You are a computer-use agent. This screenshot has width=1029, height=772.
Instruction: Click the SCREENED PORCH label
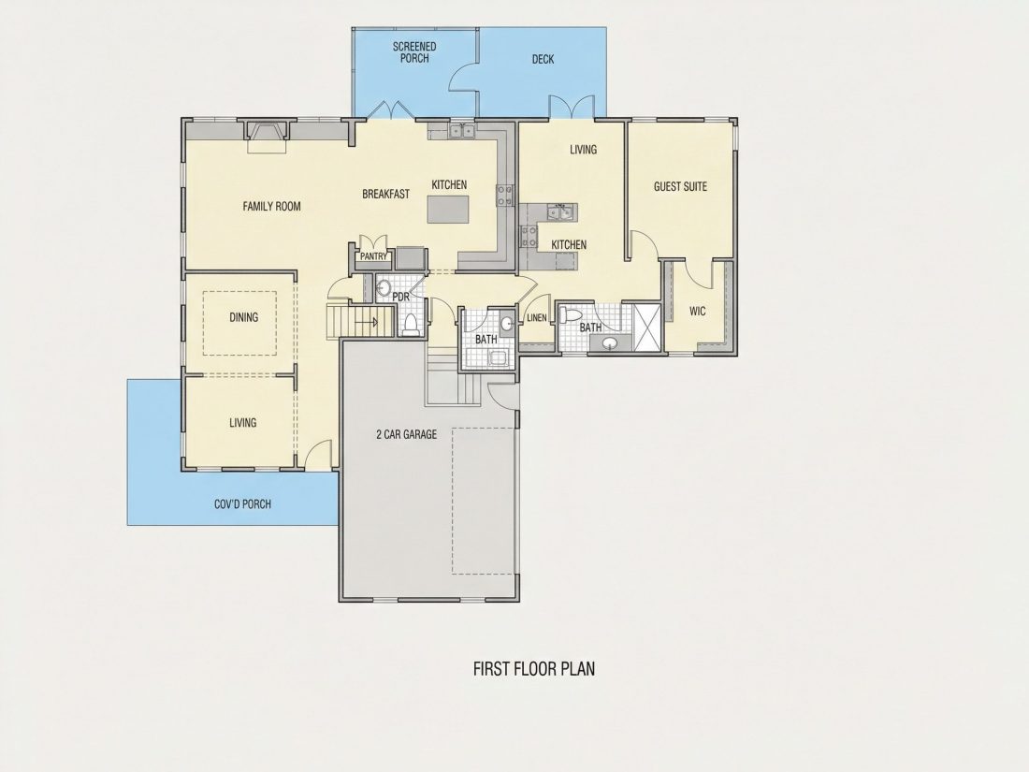point(414,51)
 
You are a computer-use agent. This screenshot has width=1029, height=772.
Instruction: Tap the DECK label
point(543,59)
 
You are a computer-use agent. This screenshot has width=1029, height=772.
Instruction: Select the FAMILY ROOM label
point(271,206)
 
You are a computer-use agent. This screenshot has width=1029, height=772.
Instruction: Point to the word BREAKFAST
point(385,194)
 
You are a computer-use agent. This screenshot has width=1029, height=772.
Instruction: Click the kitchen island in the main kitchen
point(450,210)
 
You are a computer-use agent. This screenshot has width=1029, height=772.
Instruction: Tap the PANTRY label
point(373,256)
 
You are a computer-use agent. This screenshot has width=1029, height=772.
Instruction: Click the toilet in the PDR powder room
point(412,325)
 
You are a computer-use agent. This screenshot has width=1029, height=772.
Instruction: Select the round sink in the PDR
point(384,287)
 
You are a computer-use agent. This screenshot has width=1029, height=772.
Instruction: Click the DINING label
point(243,317)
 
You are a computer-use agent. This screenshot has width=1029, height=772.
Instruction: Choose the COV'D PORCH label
point(243,504)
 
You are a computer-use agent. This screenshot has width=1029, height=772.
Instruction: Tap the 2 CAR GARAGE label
point(406,434)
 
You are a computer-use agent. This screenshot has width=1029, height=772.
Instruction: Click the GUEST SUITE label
point(680,186)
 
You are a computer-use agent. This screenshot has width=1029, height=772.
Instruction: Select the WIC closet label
point(698,312)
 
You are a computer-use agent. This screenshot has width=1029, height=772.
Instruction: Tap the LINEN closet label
point(537,318)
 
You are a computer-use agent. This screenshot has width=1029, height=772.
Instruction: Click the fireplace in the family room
point(268,136)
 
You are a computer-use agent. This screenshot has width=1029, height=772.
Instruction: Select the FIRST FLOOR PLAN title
point(534,669)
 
